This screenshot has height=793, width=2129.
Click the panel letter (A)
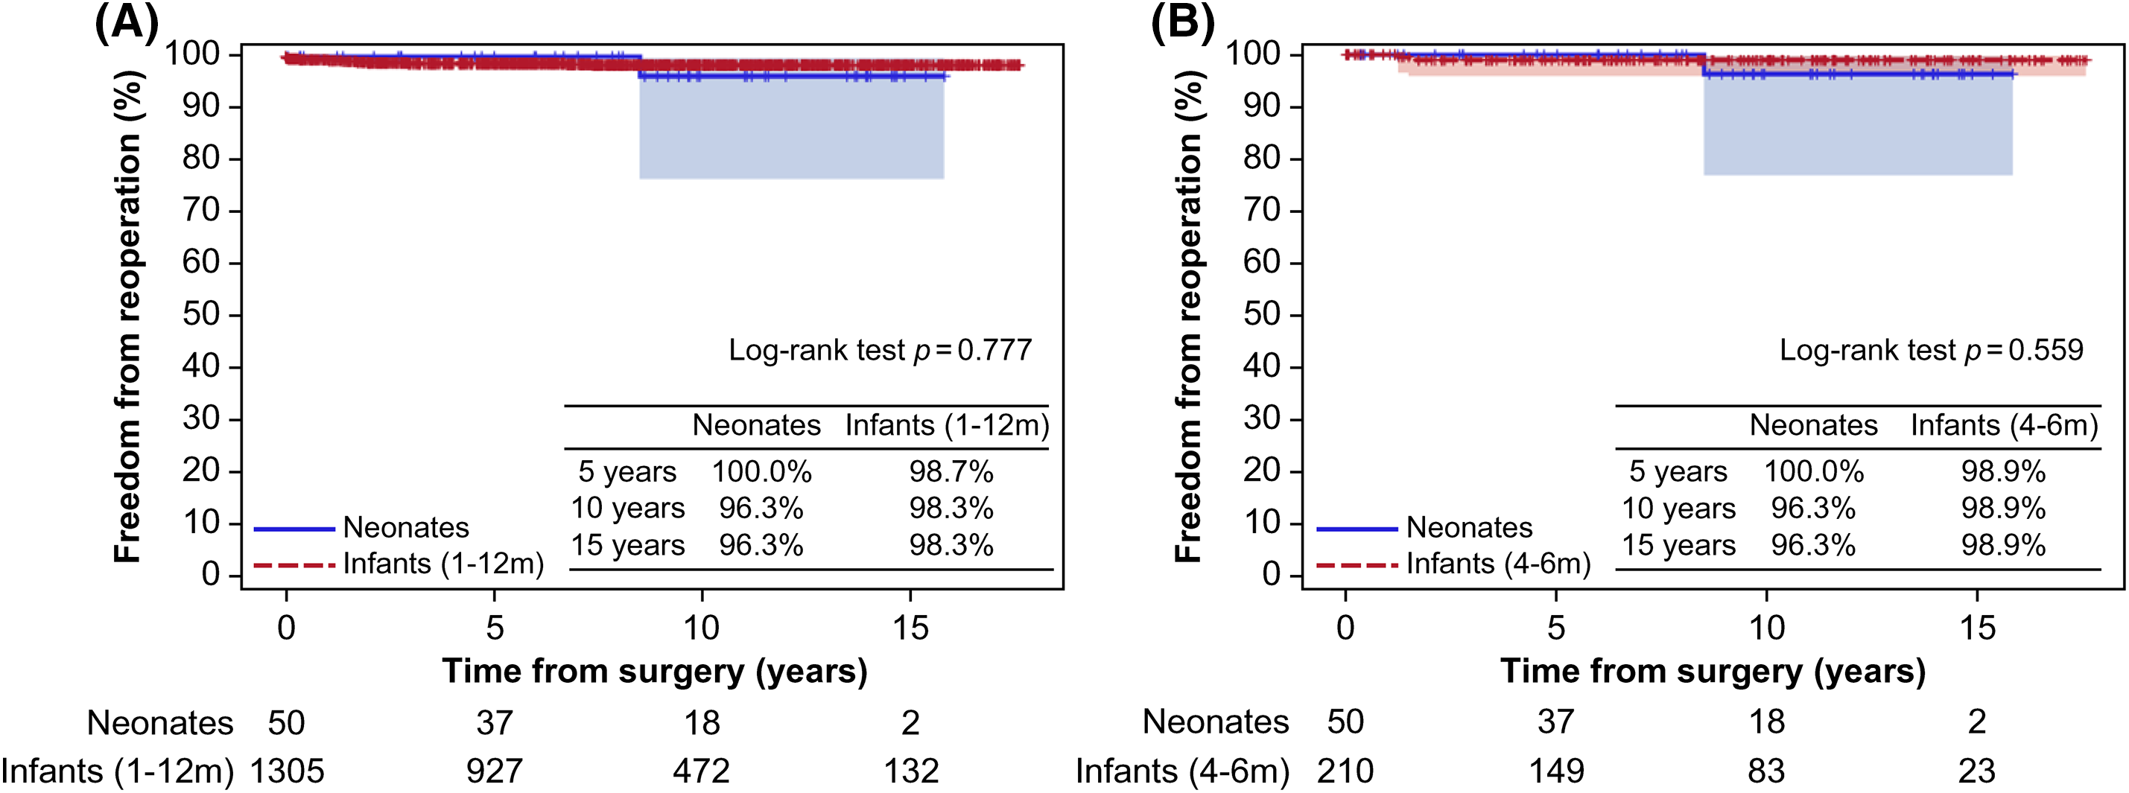point(127,22)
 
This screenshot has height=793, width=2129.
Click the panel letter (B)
point(1183,22)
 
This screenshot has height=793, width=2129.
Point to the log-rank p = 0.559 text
point(1931,350)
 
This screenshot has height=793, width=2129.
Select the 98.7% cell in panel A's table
point(951,471)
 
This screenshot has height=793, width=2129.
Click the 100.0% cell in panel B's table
point(1813,471)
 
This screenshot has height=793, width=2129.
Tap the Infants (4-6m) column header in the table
point(2003,425)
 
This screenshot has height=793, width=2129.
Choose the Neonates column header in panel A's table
point(755,425)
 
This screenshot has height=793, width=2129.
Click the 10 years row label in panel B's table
point(1678,509)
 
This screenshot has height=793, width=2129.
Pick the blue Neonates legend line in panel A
point(294,529)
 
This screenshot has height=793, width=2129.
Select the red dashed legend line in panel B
point(1357,565)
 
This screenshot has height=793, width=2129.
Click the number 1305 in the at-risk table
point(287,771)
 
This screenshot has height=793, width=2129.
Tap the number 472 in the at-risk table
point(701,771)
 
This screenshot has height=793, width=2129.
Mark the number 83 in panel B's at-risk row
point(1766,771)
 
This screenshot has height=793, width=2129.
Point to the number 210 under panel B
point(1345,771)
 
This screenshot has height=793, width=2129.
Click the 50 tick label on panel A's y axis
point(201,315)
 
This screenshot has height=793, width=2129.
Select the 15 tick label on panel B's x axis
point(1977,628)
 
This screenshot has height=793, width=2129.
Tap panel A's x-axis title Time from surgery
point(655,671)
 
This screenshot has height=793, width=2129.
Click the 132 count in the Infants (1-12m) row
point(911,771)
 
